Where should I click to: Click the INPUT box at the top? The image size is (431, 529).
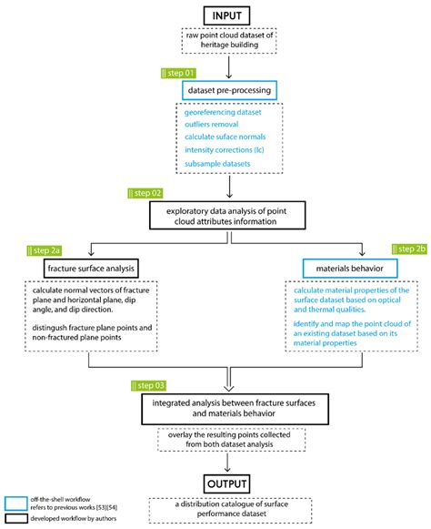coord(215,15)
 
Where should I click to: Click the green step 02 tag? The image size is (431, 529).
coord(145,193)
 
